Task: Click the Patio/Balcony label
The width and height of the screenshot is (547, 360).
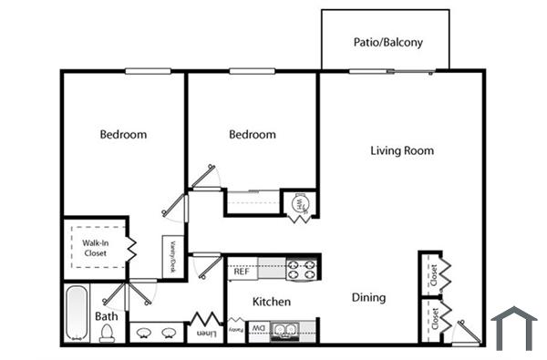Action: point(387,43)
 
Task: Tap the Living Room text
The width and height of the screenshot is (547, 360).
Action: point(402,150)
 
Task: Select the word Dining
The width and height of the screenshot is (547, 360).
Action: point(369,297)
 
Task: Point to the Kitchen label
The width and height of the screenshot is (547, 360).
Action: point(272,302)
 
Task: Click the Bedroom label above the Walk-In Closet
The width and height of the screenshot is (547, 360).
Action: point(123,135)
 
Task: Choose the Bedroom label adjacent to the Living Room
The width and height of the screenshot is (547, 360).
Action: point(252,135)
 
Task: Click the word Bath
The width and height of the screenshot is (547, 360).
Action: point(107,317)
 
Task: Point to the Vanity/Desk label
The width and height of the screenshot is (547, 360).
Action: point(170,255)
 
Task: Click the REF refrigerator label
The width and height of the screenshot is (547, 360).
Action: point(242,272)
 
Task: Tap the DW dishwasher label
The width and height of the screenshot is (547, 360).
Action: point(259,328)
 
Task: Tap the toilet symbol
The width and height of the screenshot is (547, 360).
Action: point(108,334)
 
